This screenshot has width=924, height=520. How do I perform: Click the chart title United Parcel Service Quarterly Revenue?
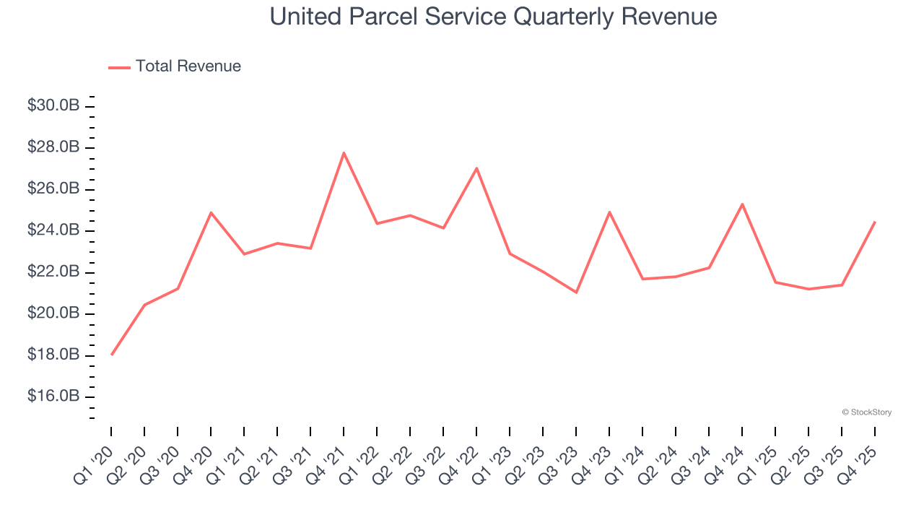click(x=493, y=17)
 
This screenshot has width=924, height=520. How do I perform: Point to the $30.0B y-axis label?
click(x=53, y=105)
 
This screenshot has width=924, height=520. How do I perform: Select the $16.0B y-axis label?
click(x=53, y=396)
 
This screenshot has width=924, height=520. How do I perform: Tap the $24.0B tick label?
click(x=53, y=230)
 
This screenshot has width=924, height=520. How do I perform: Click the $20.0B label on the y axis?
click(x=53, y=313)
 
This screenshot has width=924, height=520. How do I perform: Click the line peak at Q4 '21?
click(x=344, y=152)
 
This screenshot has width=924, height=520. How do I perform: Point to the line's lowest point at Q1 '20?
click(x=112, y=355)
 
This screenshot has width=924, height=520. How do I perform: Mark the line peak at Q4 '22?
click(x=476, y=168)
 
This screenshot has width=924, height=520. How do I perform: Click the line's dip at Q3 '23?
click(x=576, y=292)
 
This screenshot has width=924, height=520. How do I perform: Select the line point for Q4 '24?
click(x=742, y=204)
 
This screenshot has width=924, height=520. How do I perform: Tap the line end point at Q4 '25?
click(x=875, y=222)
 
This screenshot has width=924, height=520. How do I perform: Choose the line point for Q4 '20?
click(x=211, y=212)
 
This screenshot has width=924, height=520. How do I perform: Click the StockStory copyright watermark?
click(x=866, y=412)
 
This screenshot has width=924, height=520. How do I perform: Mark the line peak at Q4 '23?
click(x=609, y=212)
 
